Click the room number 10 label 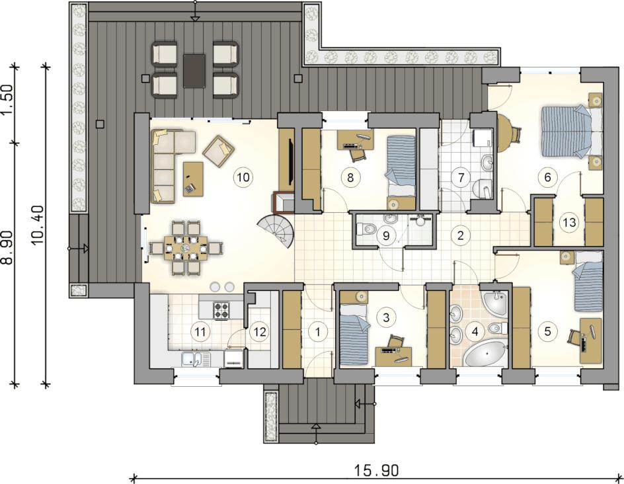point(243,177)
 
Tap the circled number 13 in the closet point(570,222)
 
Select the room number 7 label point(461,177)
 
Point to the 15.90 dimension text point(376,471)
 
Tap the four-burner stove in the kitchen point(222,311)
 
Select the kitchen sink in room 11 point(196,360)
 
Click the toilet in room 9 point(367,229)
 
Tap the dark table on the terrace point(194,71)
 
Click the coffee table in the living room point(193,179)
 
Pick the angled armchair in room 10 point(219,151)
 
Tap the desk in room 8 point(356,140)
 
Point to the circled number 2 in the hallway point(461,235)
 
